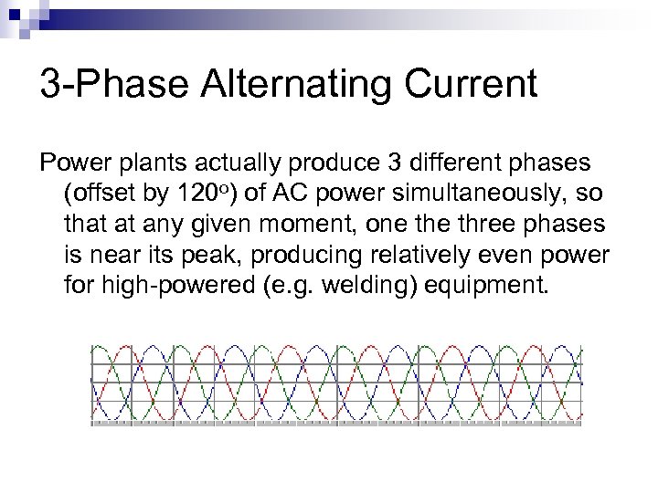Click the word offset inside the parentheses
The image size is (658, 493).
(98, 194)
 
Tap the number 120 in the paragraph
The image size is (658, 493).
(192, 194)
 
